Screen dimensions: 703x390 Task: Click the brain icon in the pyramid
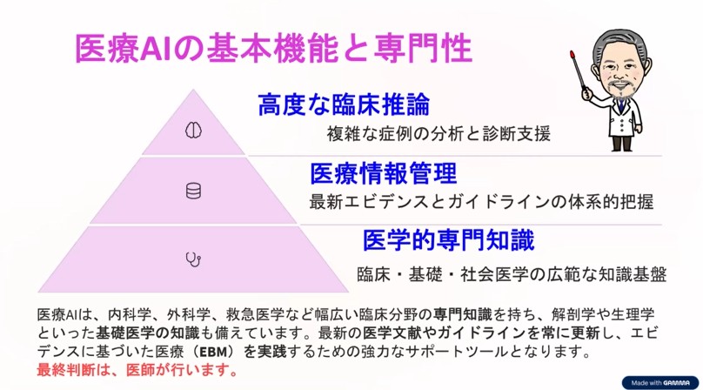pos(193,131)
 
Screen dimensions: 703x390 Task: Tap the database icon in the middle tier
pos(193,191)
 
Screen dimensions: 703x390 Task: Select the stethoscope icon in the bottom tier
pos(193,259)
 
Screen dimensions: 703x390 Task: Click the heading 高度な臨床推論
pos(344,104)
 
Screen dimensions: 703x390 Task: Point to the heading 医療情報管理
pos(384,173)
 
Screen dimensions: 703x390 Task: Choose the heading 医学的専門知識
pos(448,240)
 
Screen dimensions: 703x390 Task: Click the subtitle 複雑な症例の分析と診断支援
pos(439,134)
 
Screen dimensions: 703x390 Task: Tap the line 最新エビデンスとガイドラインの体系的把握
pos(481,202)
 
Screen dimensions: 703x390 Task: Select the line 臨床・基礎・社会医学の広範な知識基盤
pos(512,274)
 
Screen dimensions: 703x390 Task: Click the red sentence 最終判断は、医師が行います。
pos(137,370)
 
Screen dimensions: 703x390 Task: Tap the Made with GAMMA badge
pos(660,383)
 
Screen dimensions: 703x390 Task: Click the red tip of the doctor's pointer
pos(572,55)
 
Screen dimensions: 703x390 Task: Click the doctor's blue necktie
pos(621,106)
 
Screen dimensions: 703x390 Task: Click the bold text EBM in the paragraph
pos(212,352)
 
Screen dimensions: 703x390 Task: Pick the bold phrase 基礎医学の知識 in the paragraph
pos(148,333)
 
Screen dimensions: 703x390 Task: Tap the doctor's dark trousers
pos(622,143)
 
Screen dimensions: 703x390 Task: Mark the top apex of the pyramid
pos(193,90)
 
